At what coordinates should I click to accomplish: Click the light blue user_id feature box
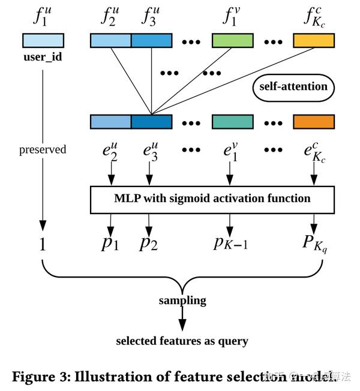[43, 40]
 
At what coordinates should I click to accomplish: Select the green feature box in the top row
[233, 40]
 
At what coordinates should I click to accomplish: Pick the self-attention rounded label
[293, 86]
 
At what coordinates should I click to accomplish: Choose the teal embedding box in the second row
[233, 122]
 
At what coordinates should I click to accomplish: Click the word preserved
[43, 149]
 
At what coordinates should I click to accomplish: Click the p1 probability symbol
[110, 243]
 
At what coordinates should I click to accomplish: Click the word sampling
[182, 300]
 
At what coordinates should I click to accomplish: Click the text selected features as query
[181, 341]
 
